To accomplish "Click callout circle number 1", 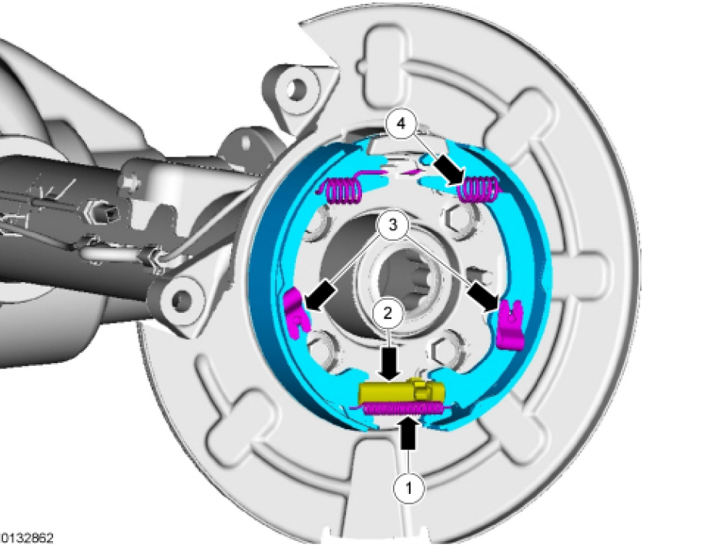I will click(x=410, y=487).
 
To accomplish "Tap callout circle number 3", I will click(x=393, y=226).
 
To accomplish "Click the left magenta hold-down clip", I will click(x=295, y=307).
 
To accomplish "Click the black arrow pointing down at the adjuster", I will click(x=388, y=362).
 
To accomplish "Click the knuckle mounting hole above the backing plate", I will click(x=293, y=89).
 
